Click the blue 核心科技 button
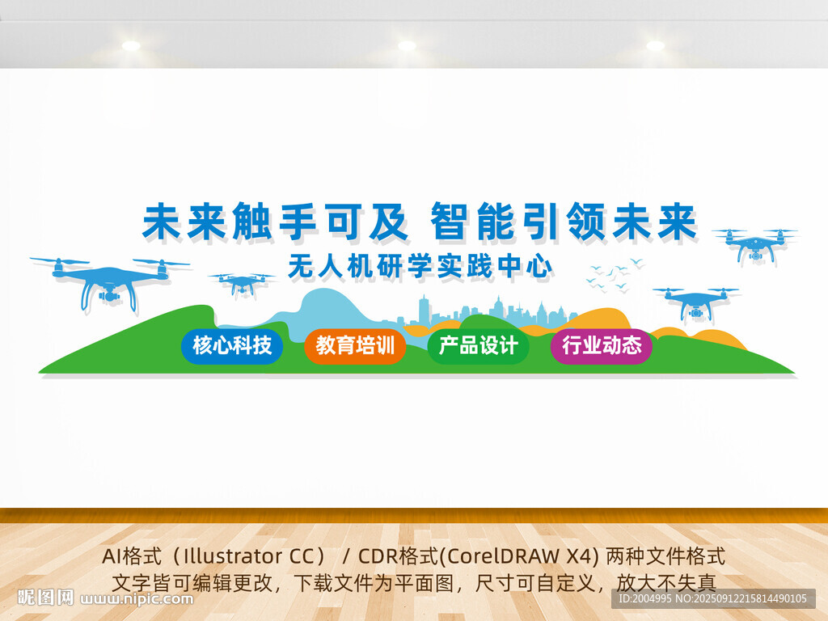tap(232, 346)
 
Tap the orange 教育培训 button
tap(355, 346)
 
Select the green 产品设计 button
tap(478, 346)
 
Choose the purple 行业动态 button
tap(602, 346)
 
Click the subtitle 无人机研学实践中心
tap(420, 266)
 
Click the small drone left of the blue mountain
tap(243, 284)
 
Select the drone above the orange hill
tap(696, 305)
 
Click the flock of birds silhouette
tap(615, 275)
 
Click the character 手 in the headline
tap(298, 222)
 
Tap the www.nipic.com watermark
tap(137, 598)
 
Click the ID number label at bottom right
tap(713, 598)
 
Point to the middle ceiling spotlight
tap(407, 45)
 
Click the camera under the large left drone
tap(109, 295)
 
